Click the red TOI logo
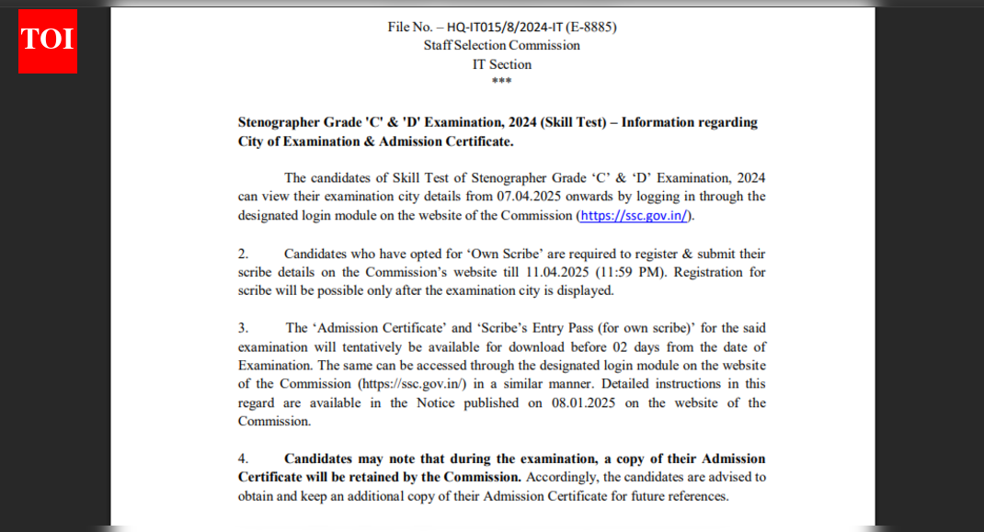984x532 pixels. (x=48, y=40)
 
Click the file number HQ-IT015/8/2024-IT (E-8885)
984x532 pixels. (x=531, y=27)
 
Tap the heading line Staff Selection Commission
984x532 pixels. (x=501, y=45)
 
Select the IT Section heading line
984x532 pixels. (x=501, y=64)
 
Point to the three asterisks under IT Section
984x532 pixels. (x=501, y=82)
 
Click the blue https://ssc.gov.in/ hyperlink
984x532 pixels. (x=635, y=216)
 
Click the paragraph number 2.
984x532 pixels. (x=243, y=254)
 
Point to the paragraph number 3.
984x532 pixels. (x=243, y=328)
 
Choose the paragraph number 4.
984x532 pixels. (x=243, y=458)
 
